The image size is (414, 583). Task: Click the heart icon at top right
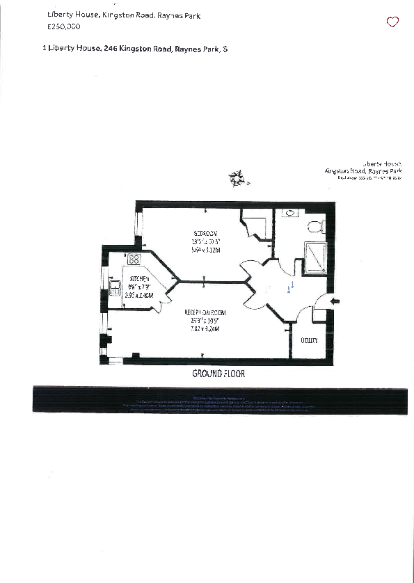point(392,22)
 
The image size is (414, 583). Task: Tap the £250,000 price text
point(63,26)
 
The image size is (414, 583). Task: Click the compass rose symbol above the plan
point(238,179)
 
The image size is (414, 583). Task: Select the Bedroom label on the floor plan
point(206,232)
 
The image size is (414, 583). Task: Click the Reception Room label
point(205,313)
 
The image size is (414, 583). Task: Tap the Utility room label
point(309,340)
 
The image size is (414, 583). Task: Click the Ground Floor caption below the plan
point(218,374)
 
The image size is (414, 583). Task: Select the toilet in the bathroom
point(315,226)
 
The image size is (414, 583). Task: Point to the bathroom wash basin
point(289,212)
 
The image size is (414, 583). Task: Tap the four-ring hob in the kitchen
point(134,259)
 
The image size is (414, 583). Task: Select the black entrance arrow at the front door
point(335,301)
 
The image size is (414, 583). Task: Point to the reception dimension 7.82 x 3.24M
point(205,329)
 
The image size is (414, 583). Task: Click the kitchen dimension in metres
point(139,295)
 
